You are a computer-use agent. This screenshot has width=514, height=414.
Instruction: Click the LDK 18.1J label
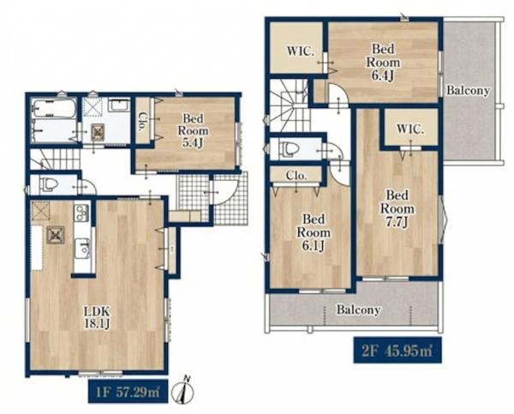97,317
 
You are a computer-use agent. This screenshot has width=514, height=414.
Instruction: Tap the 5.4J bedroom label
193,130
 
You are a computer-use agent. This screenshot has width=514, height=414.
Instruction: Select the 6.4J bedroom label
383,63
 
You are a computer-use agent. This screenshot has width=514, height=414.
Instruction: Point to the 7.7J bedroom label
397,208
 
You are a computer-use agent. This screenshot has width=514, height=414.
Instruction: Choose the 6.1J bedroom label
314,232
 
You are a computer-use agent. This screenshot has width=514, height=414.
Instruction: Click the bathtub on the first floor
55,109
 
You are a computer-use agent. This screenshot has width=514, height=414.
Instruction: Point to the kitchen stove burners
81,213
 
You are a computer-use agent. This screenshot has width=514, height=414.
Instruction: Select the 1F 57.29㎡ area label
128,392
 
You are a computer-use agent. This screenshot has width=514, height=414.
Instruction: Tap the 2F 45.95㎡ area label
397,351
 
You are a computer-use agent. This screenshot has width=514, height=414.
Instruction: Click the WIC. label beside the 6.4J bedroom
301,51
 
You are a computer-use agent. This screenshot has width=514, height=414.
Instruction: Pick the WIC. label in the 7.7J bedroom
410,129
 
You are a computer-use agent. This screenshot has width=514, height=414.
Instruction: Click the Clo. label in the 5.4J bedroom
142,122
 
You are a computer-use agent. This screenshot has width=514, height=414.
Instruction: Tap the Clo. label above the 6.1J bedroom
296,176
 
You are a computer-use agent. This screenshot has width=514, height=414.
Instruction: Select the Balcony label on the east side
468,90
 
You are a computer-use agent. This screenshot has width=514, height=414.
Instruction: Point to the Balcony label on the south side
358,309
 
